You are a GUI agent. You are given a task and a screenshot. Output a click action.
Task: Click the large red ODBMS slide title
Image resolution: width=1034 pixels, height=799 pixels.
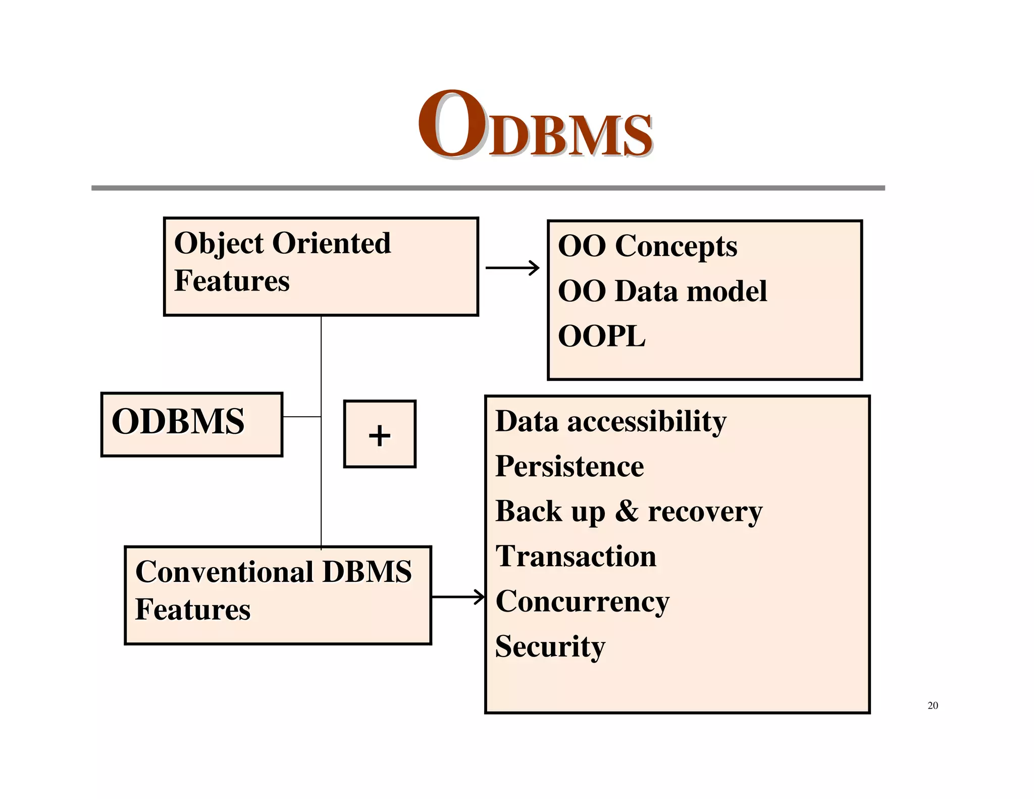click(535, 126)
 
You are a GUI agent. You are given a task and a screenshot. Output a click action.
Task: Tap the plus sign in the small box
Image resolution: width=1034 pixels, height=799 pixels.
click(380, 435)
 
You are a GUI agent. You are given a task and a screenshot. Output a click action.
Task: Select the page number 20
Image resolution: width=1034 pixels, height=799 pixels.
click(933, 706)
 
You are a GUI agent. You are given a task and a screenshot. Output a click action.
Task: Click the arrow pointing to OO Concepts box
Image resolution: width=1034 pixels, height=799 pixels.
click(512, 268)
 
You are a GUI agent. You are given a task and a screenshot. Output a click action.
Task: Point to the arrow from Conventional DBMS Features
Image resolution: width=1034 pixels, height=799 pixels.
click(458, 597)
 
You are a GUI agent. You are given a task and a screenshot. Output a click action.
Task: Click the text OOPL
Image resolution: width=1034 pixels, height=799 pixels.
click(601, 336)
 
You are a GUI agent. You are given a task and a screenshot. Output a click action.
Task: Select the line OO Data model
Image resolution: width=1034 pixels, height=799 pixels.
click(662, 291)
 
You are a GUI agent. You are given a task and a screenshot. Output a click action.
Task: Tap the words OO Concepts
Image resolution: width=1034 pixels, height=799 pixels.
click(647, 246)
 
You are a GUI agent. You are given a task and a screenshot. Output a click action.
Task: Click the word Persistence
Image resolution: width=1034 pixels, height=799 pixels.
click(570, 466)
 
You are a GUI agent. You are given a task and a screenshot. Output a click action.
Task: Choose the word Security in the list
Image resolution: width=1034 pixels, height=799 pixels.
click(550, 646)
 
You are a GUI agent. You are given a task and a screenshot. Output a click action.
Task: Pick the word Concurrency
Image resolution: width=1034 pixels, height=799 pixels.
click(583, 602)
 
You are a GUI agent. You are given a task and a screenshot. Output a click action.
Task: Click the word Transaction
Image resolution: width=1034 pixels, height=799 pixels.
click(576, 557)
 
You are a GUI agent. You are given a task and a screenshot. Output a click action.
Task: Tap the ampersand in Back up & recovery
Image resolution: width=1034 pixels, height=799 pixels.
click(627, 511)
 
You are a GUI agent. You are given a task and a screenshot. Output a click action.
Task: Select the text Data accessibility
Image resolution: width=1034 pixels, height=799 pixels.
click(611, 421)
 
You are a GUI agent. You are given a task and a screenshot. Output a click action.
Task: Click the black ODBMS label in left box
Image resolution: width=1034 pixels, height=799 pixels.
click(178, 421)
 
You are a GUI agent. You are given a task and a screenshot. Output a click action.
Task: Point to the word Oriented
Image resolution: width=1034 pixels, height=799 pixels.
click(332, 243)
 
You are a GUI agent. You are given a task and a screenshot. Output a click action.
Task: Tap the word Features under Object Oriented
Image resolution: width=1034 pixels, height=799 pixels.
click(232, 281)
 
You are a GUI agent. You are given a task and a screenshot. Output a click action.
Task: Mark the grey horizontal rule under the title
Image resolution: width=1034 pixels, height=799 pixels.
click(488, 188)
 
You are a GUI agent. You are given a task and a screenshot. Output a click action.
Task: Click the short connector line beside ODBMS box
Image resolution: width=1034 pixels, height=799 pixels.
click(301, 417)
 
